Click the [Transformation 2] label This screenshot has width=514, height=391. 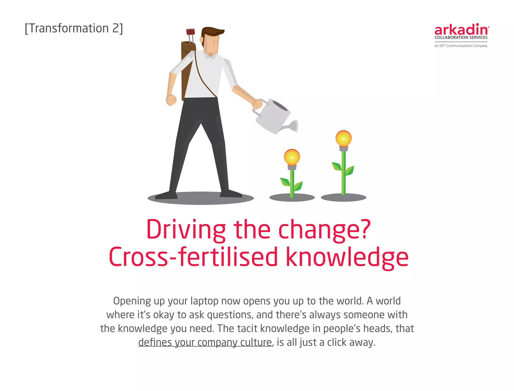[x=74, y=28]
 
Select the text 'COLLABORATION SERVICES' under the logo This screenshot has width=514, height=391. [x=461, y=38]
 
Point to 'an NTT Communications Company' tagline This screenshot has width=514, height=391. [x=461, y=46]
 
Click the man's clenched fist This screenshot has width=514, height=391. [x=171, y=100]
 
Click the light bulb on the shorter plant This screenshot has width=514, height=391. [x=292, y=157]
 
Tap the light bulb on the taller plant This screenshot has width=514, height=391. [x=343, y=138]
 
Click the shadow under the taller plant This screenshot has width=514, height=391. [x=343, y=198]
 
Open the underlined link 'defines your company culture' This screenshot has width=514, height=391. [x=205, y=342]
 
